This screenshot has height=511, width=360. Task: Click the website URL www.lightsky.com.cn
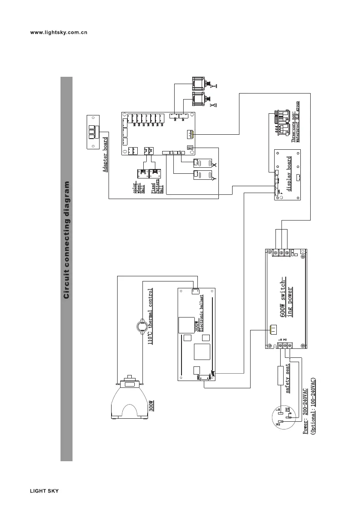click(x=59, y=32)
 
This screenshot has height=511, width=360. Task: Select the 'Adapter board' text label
click(x=105, y=154)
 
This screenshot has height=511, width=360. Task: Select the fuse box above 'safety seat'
click(x=281, y=376)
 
